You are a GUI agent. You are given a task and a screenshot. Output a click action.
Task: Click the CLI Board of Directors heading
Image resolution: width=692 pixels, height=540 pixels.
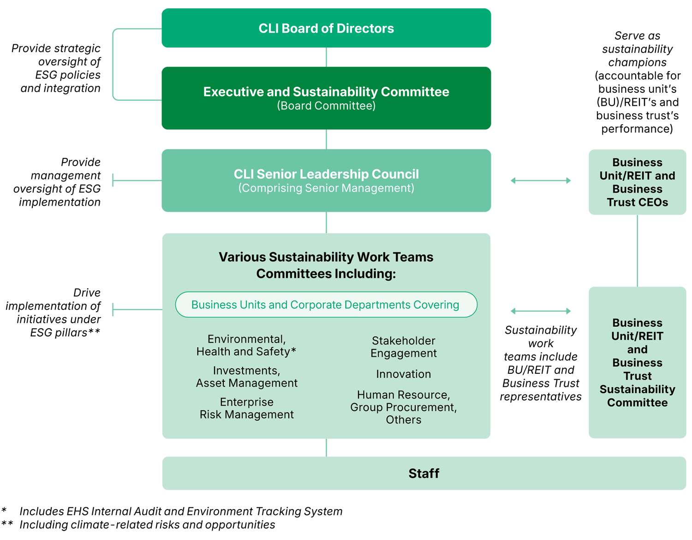click(x=326, y=29)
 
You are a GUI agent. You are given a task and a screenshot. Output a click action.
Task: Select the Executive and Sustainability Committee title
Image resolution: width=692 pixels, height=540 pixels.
click(x=326, y=92)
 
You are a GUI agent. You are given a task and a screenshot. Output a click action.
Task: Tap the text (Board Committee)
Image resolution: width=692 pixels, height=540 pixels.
click(x=326, y=106)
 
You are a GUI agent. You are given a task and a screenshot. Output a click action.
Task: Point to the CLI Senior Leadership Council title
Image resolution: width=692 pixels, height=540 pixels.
click(x=326, y=174)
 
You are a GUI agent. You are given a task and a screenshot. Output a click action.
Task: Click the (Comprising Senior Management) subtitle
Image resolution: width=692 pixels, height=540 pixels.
click(x=326, y=188)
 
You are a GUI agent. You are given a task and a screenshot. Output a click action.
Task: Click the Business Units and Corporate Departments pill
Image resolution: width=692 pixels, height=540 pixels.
click(x=326, y=305)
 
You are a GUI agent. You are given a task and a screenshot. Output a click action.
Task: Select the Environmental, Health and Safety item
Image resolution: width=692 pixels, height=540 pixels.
click(x=246, y=345)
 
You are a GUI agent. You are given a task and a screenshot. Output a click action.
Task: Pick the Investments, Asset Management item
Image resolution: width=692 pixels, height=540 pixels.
click(x=246, y=377)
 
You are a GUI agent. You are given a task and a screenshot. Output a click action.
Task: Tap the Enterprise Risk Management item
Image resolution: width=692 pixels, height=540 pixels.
click(x=246, y=408)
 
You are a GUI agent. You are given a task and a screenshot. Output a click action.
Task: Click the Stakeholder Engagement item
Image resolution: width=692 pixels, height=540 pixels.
click(x=404, y=347)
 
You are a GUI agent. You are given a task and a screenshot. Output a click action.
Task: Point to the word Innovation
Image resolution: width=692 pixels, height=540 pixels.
click(x=404, y=374)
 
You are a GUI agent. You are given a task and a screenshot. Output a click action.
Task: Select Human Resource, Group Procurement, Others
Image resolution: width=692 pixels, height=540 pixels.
click(x=404, y=408)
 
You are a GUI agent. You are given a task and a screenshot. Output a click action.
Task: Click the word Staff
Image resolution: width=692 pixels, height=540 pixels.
click(x=424, y=474)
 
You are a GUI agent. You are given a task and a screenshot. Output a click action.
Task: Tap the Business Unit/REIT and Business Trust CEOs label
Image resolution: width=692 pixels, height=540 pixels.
click(x=637, y=182)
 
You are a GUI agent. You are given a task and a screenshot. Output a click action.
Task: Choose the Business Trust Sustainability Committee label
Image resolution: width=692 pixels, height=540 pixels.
click(x=637, y=363)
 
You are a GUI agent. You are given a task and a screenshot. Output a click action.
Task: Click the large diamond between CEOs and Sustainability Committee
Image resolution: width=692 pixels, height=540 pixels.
click(x=637, y=251)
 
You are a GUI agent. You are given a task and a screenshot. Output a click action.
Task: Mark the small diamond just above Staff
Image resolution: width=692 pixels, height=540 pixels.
click(x=326, y=448)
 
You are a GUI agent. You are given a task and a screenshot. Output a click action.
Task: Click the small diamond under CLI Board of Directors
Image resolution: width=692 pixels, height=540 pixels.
click(x=326, y=57)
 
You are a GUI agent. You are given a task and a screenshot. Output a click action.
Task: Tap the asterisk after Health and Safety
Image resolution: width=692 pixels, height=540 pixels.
click(x=294, y=351)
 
